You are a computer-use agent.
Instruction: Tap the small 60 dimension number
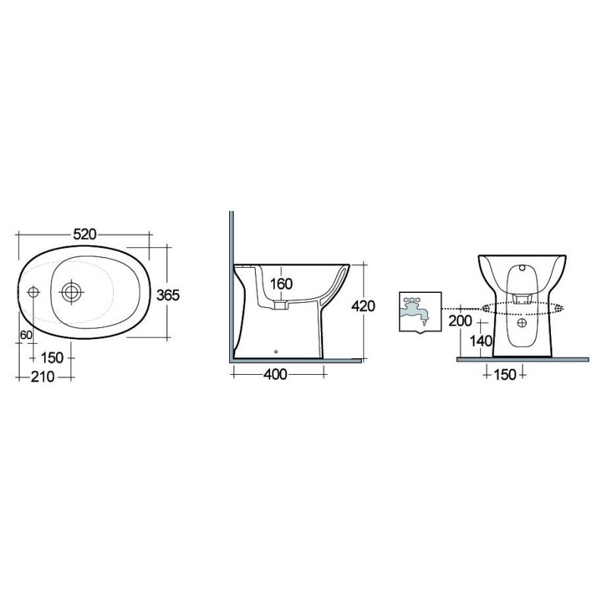pyautogui.click(x=25, y=334)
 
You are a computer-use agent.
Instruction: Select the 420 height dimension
pyautogui.click(x=363, y=307)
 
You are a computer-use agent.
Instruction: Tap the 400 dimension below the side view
pyautogui.click(x=278, y=374)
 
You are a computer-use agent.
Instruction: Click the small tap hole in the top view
pyautogui.click(x=33, y=292)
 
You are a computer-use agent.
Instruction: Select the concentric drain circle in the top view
pyautogui.click(x=72, y=291)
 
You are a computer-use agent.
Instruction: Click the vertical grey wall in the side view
pyautogui.click(x=231, y=288)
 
